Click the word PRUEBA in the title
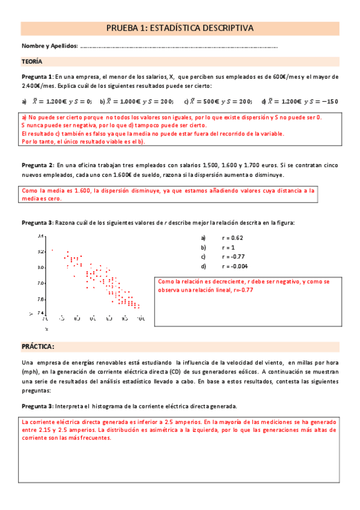[124, 28]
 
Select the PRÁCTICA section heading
[38, 347]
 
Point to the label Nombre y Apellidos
[49, 46]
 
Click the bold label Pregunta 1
[37, 77]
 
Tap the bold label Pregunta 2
[37, 165]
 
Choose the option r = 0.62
[232, 238]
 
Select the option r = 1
[228, 247]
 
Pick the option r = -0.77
[233, 257]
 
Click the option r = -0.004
[235, 266]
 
